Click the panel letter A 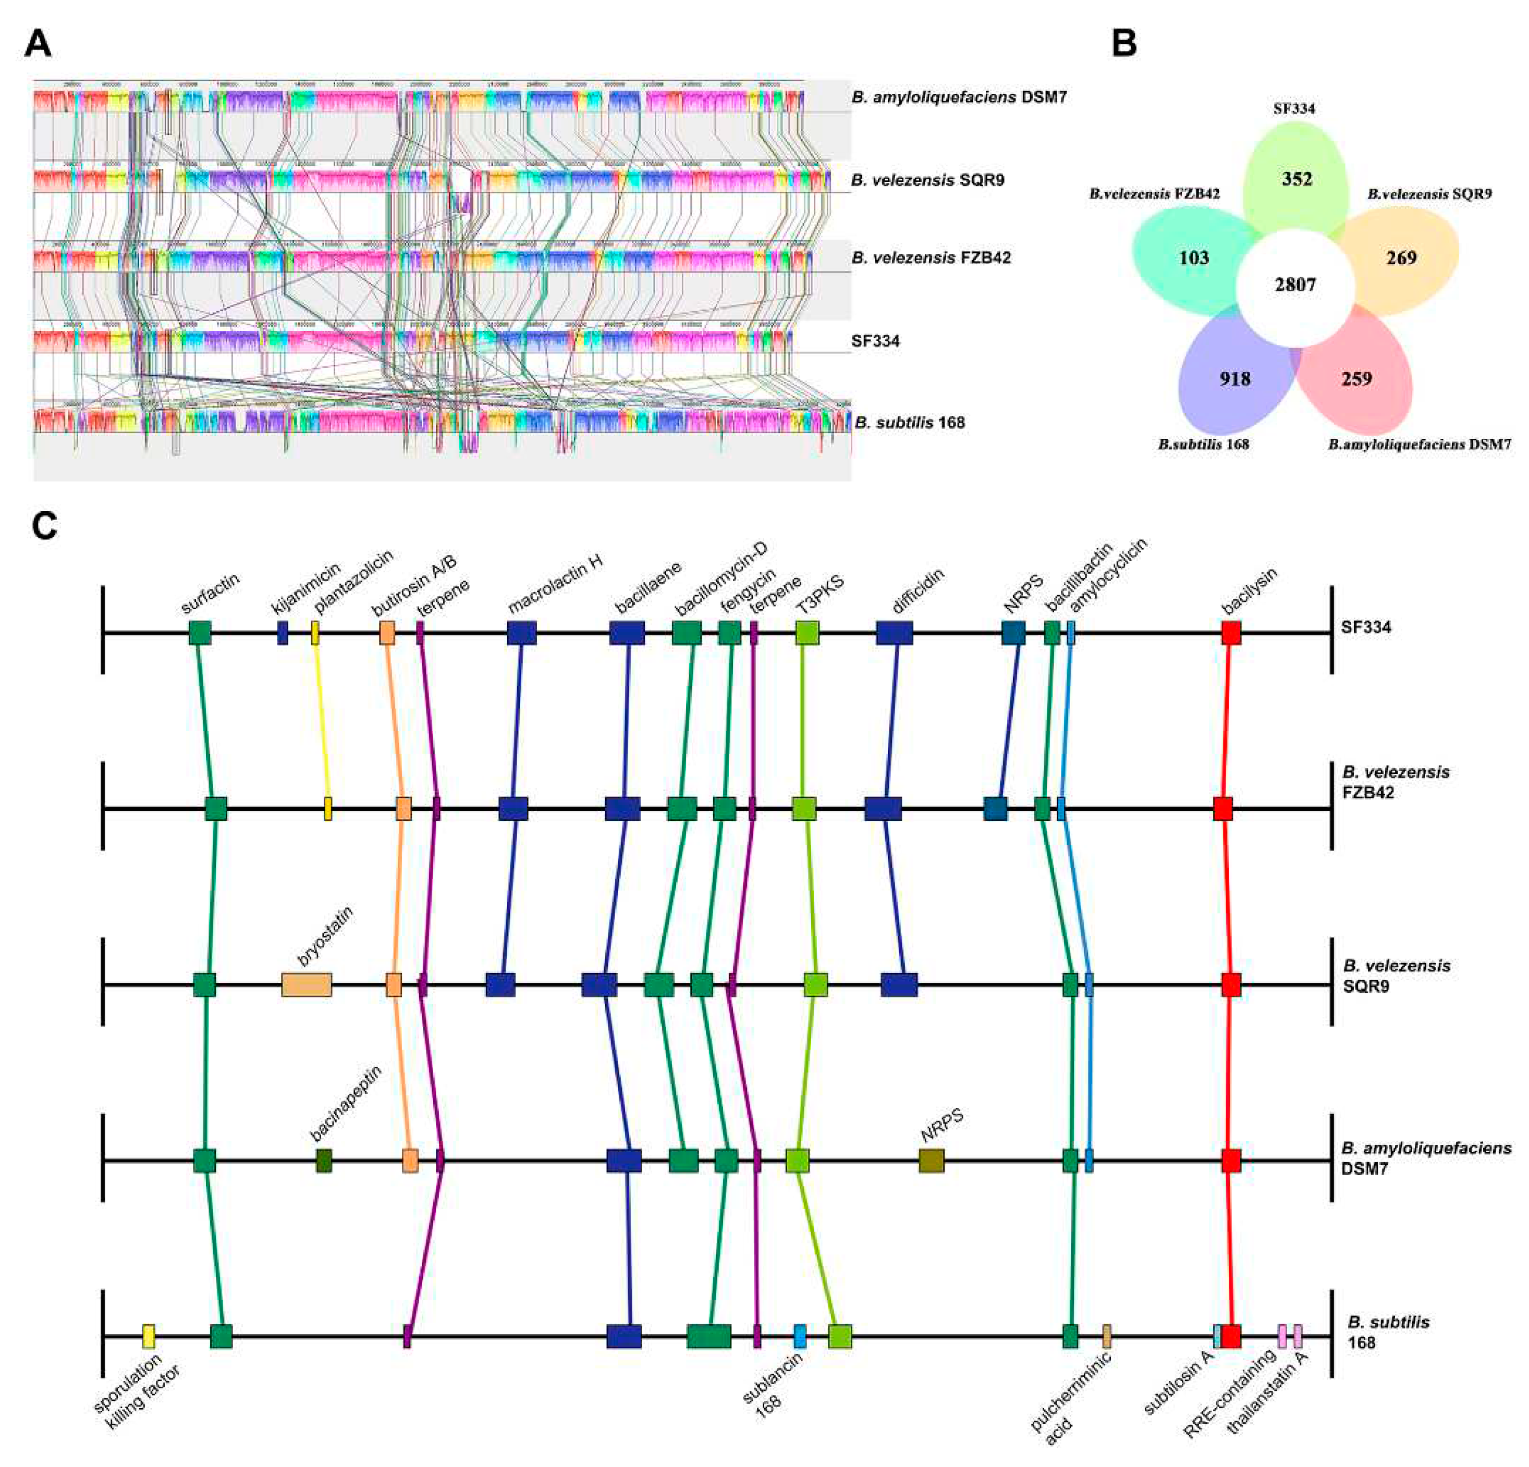pyautogui.click(x=38, y=44)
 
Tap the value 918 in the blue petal pyautogui.click(x=1235, y=379)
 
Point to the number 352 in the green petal pyautogui.click(x=1296, y=179)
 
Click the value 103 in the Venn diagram pyautogui.click(x=1194, y=258)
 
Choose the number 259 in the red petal pyautogui.click(x=1356, y=379)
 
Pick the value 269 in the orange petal pyautogui.click(x=1401, y=258)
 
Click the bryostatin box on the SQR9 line pyautogui.click(x=307, y=985)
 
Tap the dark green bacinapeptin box pyautogui.click(x=324, y=1161)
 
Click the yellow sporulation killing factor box pyautogui.click(x=148, y=1337)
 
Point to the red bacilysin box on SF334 pyautogui.click(x=1231, y=633)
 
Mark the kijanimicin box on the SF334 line pyautogui.click(x=283, y=633)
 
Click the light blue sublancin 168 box pyautogui.click(x=800, y=1337)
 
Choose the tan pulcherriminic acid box pyautogui.click(x=1106, y=1337)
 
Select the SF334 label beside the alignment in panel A pyautogui.click(x=875, y=341)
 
